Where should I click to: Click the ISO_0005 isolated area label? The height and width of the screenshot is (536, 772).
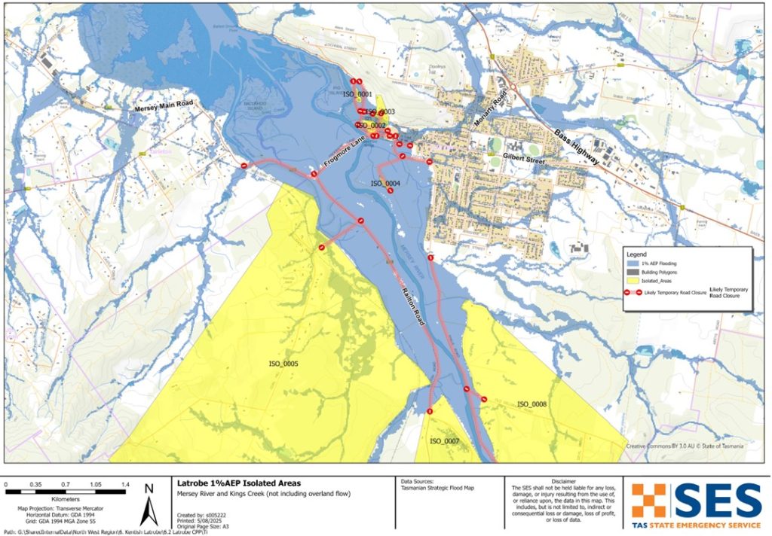coord(283,364)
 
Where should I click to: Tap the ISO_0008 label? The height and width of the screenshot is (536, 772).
coord(532,404)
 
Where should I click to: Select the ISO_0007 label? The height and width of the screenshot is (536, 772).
coord(445,440)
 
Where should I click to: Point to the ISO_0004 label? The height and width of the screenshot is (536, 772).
coord(385,184)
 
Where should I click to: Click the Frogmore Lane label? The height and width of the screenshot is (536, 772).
coord(344,153)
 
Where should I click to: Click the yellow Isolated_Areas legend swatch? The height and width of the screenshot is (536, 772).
coord(634,279)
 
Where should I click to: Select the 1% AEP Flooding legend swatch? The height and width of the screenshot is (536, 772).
coord(634,263)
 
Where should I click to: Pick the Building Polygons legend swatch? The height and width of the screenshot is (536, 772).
coord(634,271)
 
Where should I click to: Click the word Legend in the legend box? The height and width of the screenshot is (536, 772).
coord(639,254)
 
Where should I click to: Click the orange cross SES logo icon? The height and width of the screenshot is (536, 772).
coord(649,500)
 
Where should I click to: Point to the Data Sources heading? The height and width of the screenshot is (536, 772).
coord(420,481)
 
